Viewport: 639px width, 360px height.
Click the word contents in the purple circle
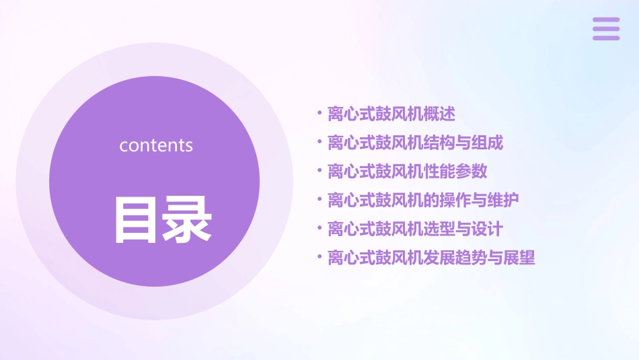coord(156,145)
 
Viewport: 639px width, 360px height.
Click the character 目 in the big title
coord(135,219)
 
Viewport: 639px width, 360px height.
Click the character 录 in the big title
coord(188,219)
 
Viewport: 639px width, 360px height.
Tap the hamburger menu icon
coord(606,29)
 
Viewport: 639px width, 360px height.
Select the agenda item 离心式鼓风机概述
coord(391,114)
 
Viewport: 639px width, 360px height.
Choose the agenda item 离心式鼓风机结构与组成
coord(415,143)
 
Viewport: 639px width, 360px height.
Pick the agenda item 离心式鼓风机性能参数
coord(407,171)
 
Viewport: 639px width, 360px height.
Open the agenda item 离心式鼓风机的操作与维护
coord(423,200)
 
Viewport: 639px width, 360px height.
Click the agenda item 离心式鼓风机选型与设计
coord(415,229)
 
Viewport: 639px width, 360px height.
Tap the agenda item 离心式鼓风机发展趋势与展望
coord(431,258)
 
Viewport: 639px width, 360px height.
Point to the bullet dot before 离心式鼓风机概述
coord(320,113)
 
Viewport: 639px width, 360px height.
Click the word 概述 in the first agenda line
coord(439,114)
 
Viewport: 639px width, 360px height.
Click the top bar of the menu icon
coord(606,20)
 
